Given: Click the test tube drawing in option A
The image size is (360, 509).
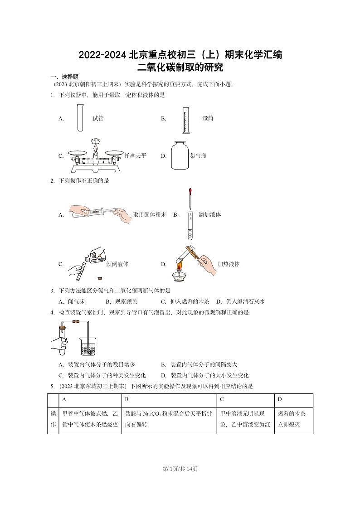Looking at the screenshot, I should [x=80, y=118].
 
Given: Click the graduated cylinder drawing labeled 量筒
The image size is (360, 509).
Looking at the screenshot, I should [x=186, y=121].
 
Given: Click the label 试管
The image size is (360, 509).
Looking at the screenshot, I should [x=98, y=119].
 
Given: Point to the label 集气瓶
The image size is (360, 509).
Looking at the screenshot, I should [x=198, y=156].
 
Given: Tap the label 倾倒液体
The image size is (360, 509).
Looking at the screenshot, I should [x=117, y=264].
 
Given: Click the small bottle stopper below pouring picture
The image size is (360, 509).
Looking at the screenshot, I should [x=99, y=277].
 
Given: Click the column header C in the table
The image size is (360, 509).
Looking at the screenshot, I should [x=222, y=400].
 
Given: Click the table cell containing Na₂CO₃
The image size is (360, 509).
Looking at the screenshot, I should [x=169, y=419].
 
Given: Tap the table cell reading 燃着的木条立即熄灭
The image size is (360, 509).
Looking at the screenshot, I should [x=293, y=419].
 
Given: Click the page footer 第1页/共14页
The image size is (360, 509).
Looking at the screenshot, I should [x=180, y=469].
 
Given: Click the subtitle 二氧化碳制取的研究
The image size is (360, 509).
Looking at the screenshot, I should [x=180, y=68].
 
